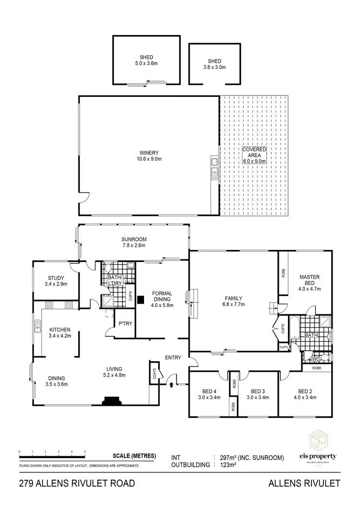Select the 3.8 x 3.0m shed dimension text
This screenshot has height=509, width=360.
pos(214,67)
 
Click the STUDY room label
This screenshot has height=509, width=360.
pos(56,278)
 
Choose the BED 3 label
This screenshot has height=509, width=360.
pos(258,391)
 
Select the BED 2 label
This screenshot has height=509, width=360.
pos(306,391)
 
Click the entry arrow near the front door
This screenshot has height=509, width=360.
pos(171,384)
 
